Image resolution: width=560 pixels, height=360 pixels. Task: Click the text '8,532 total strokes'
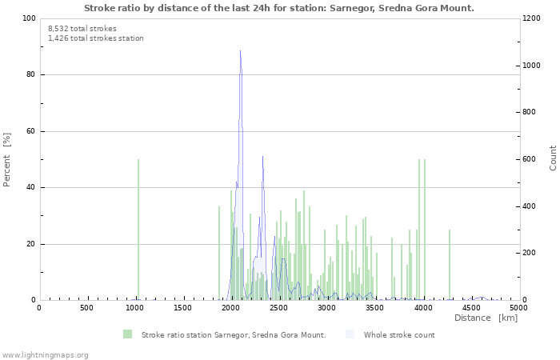[x=82, y=29]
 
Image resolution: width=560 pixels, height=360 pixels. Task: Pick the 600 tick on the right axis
[x=531, y=159]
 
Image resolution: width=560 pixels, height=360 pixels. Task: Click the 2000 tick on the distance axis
[x=231, y=308]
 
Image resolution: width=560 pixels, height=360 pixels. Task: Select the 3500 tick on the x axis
[x=375, y=308]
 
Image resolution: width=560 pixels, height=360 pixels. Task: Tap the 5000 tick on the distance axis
[x=518, y=308]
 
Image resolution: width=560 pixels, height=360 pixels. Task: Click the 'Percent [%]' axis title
[x=7, y=159]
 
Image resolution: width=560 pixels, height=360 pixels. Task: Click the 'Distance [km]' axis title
[x=486, y=318]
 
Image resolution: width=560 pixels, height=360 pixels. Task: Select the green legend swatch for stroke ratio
[x=127, y=334]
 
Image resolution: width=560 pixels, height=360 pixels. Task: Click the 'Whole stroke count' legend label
[x=399, y=335]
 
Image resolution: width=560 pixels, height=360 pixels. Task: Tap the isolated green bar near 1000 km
[x=138, y=232]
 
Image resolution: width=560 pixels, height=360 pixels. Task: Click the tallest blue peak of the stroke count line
[x=240, y=52]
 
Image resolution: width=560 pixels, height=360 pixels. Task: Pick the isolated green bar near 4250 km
[x=450, y=266]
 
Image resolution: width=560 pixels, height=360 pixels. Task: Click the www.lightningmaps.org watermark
[x=46, y=354]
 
